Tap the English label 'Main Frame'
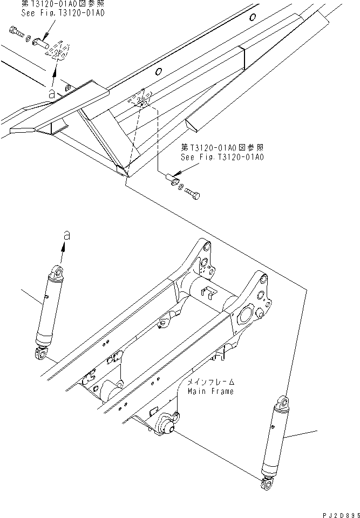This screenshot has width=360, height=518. pos(210,391)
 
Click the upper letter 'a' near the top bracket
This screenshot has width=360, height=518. pos(51,93)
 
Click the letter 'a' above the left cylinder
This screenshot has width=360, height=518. pos(66,235)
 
